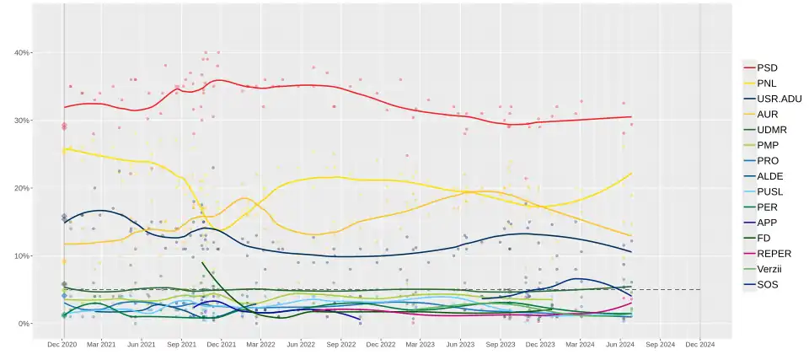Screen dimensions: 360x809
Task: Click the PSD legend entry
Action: (x=767, y=67)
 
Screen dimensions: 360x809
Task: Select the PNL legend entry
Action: (x=767, y=83)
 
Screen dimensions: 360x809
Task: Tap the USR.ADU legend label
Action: (x=779, y=98)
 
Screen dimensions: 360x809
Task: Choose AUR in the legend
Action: (x=768, y=114)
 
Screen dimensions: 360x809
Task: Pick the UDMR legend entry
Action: (x=771, y=129)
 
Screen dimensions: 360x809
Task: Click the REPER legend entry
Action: (x=774, y=253)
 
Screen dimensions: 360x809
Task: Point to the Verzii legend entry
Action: (x=771, y=268)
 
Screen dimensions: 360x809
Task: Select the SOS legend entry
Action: (x=768, y=284)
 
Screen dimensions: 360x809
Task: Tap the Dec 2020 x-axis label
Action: (x=63, y=344)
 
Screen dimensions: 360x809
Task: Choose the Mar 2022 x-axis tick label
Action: (x=260, y=344)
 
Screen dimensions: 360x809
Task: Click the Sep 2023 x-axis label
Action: (x=501, y=344)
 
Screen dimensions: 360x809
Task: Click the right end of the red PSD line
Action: (x=631, y=117)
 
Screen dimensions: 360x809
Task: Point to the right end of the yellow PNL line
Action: (x=631, y=173)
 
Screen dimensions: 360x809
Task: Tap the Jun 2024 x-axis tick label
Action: (x=620, y=344)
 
